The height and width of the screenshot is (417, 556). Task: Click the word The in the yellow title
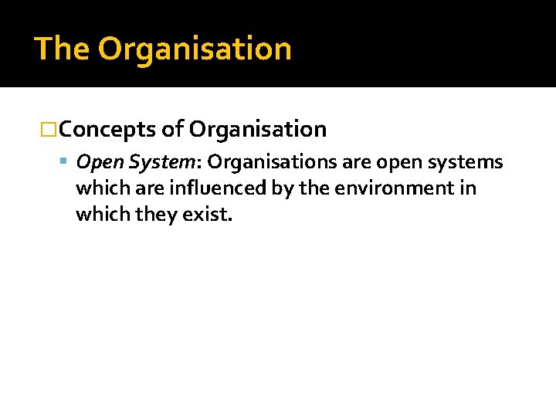(x=62, y=49)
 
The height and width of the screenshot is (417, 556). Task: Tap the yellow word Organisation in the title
(x=195, y=49)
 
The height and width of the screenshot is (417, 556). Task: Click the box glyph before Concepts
(x=49, y=130)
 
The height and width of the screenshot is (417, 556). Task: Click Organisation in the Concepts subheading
(x=257, y=130)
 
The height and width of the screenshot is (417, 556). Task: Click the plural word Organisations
(x=271, y=162)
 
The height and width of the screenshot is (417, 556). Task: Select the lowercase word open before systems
(x=395, y=163)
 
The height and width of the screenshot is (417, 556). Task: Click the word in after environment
(x=468, y=188)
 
